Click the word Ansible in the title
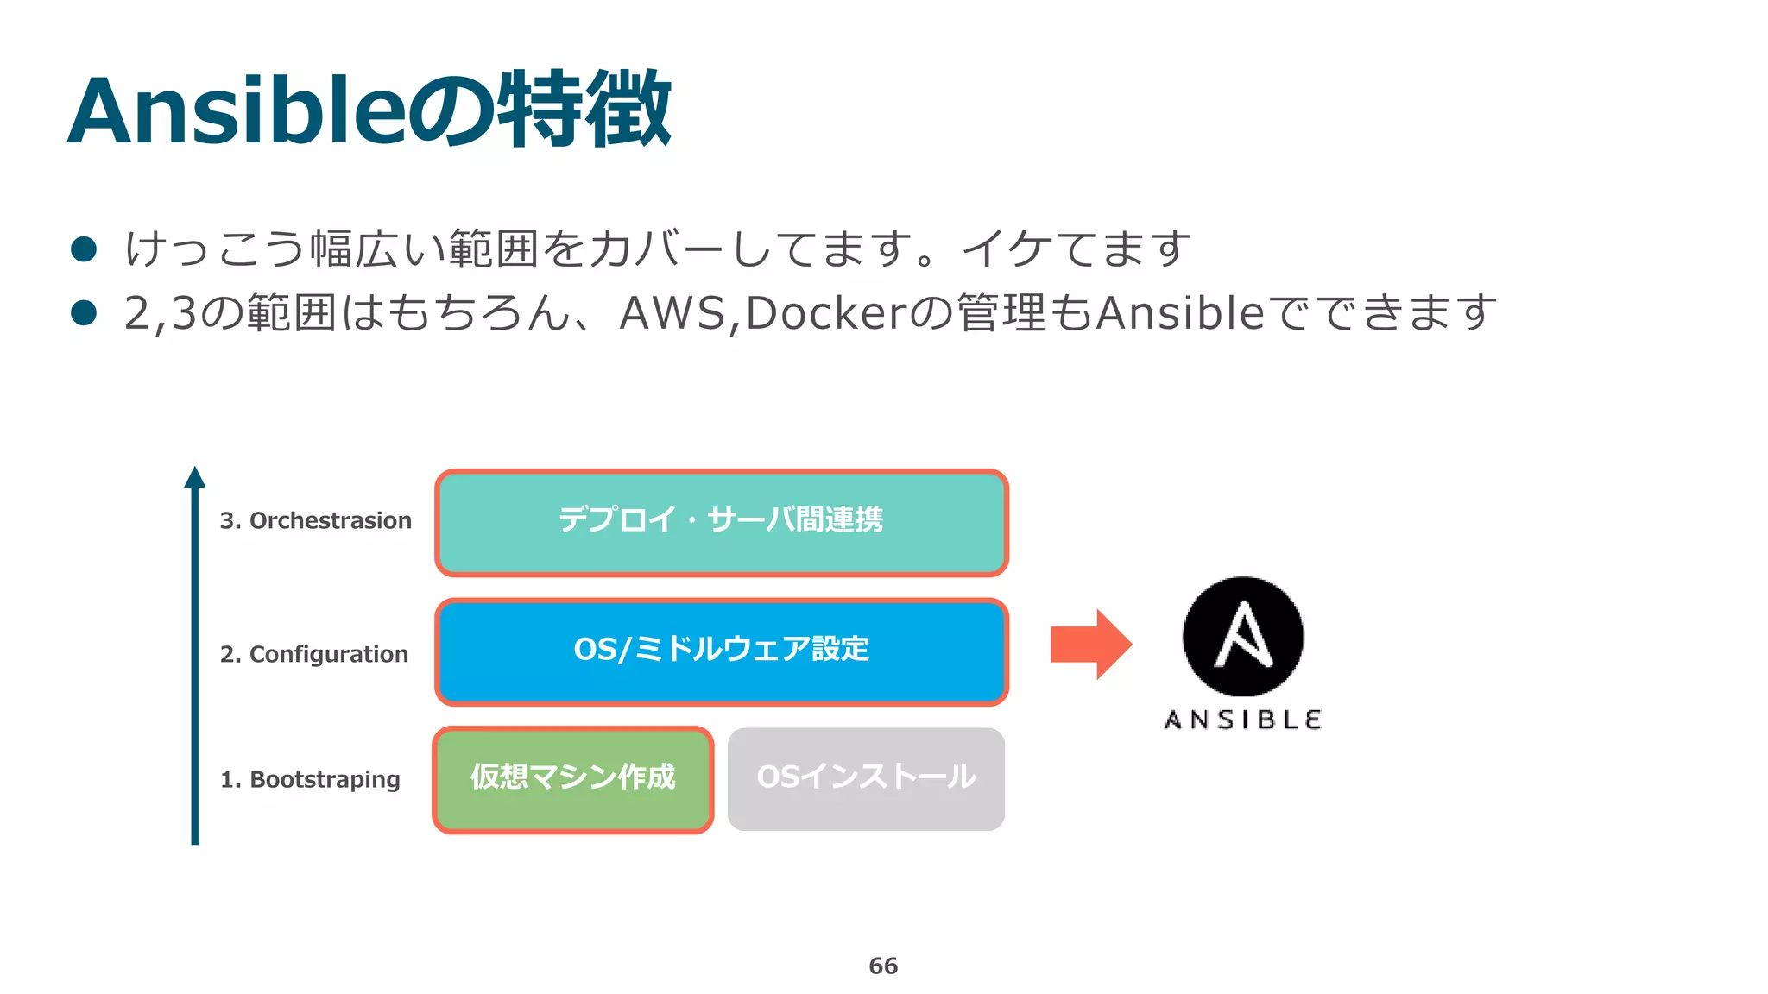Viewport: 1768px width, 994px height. tap(235, 112)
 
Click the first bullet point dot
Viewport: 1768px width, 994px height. tap(84, 249)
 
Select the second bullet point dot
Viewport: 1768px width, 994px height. tap(84, 312)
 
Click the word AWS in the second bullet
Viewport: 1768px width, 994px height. tap(673, 312)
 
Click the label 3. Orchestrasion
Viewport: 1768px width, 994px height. tap(315, 520)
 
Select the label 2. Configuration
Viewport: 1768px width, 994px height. tap(313, 654)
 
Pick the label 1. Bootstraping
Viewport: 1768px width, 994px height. tap(310, 779)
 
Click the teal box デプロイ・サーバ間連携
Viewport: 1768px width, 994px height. tap(722, 522)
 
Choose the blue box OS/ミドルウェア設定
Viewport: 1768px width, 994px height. tap(722, 651)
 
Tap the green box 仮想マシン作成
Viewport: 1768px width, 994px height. tap(572, 779)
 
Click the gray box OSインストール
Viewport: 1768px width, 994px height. tap(866, 779)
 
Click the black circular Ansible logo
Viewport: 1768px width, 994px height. tap(1243, 637)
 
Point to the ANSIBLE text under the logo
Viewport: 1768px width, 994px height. tap(1243, 720)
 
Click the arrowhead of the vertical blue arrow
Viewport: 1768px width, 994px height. tap(195, 477)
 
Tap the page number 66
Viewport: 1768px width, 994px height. tap(883, 966)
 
